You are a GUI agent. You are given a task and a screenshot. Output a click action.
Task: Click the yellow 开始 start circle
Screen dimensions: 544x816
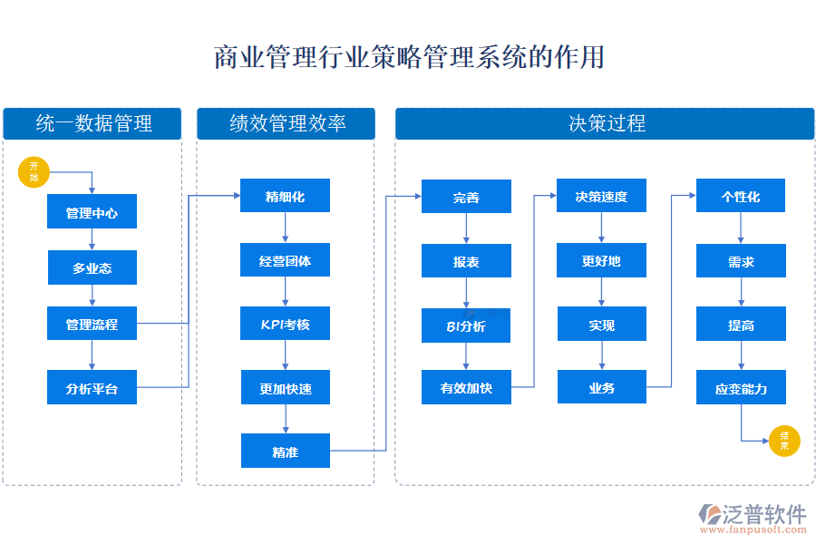(34, 172)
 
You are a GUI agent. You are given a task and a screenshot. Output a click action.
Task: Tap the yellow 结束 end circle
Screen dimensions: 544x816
(784, 442)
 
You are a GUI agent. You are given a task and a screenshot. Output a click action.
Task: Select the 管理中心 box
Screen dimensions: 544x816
(92, 212)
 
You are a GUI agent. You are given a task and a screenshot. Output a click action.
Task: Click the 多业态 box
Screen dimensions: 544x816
(92, 268)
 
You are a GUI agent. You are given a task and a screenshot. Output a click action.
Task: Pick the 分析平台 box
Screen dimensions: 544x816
(92, 388)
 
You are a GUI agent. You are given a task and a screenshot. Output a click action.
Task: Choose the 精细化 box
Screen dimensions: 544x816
(285, 196)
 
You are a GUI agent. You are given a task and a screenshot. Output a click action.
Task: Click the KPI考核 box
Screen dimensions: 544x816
(285, 324)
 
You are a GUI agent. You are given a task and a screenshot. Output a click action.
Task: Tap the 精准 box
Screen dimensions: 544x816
(285, 452)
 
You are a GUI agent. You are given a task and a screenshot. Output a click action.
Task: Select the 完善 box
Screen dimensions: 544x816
(466, 197)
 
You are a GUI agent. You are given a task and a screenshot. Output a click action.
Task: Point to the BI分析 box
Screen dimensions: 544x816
(466, 325)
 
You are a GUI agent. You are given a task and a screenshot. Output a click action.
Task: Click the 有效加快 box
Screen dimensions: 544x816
(466, 388)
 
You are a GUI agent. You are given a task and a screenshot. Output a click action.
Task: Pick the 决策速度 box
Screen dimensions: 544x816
(601, 197)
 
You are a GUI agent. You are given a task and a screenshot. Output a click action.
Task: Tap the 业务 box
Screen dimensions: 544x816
(601, 388)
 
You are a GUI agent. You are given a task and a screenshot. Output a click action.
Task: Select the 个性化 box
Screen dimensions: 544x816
(741, 197)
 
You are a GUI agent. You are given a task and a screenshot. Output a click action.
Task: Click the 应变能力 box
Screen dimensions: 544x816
(741, 388)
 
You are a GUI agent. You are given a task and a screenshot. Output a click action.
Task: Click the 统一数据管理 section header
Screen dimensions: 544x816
(92, 123)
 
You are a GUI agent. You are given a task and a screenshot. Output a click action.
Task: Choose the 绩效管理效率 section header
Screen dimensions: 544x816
(286, 123)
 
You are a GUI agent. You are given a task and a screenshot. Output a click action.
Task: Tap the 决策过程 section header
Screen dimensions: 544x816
(605, 123)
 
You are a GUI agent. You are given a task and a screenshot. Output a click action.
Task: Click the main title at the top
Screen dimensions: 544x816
(408, 57)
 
